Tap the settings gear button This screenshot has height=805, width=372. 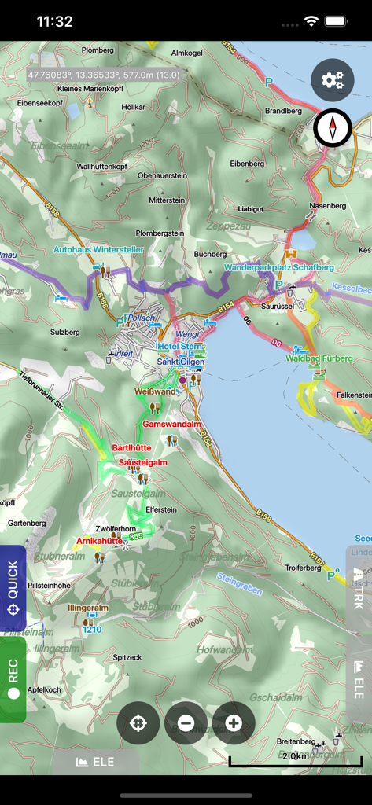pos(333,79)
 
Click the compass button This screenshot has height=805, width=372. pos(333,127)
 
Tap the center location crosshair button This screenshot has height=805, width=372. pos(138,722)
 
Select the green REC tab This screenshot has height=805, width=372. pos(13,680)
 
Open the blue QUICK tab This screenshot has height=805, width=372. pos(13,588)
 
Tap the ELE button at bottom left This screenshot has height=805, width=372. pos(95,762)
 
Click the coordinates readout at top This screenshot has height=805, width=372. pos(103,75)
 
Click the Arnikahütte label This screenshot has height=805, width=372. pos(99,541)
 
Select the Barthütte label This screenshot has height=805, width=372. pos(131,447)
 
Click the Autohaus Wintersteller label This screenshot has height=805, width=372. pos(98,250)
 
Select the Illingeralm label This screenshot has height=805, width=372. pos(88,608)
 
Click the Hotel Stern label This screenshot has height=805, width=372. pos(181,346)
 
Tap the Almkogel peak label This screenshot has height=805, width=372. pos(186,53)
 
